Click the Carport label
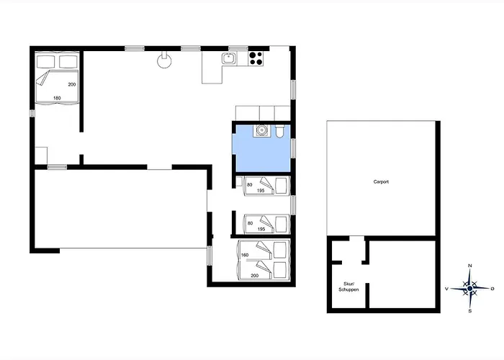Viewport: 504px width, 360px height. [x=381, y=181]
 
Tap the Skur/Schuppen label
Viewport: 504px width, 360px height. [x=348, y=287]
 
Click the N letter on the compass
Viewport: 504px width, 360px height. [x=470, y=266]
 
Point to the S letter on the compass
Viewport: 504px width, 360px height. [x=470, y=311]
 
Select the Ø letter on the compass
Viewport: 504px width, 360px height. [x=492, y=289]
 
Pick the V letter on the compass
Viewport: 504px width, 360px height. [x=446, y=289]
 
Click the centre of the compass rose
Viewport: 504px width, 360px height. [x=470, y=288]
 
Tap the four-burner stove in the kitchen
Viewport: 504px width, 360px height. [x=256, y=59]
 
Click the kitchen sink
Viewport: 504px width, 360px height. [x=229, y=59]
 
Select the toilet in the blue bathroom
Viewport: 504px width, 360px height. [x=279, y=131]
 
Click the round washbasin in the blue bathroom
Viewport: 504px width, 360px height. [x=260, y=130]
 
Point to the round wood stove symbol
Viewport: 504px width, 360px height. [x=164, y=60]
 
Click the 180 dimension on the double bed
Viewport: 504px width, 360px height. [x=57, y=98]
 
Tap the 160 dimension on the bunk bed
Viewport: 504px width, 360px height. [x=245, y=255]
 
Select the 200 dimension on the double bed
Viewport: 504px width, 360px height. [x=72, y=84]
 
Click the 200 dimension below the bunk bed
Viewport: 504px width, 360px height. [x=255, y=276]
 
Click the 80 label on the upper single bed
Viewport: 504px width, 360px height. [x=249, y=185]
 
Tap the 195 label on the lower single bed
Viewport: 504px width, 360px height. [x=261, y=229]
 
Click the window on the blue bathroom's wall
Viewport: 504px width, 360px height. [x=293, y=148]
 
